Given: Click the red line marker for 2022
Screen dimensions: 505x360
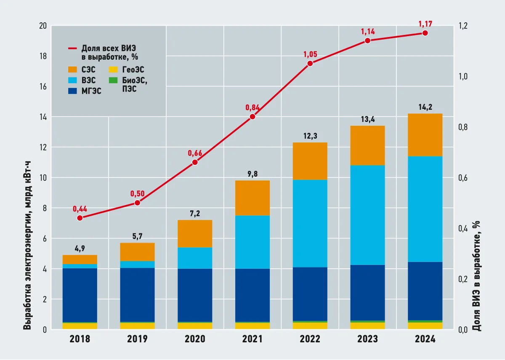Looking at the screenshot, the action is pos(310,64).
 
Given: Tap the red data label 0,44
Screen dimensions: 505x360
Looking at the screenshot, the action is pos(80,209).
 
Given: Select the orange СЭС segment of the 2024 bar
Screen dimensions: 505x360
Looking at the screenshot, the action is pos(425,135).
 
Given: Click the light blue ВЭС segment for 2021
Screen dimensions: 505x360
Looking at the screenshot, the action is pos(252,242).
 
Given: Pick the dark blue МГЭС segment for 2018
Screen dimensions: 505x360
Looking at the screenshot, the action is pos(80,295).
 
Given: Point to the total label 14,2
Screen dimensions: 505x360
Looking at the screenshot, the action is pos(425,107).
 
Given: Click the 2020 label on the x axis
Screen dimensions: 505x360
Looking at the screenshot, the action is pos(195,339).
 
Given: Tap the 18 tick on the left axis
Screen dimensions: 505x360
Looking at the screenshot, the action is pos(43,56).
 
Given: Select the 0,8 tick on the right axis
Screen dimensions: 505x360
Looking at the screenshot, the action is pos(463,127).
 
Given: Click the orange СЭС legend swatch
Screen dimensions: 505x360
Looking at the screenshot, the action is pos(72,69).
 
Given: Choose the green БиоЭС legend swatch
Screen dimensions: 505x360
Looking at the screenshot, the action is pos(113,80).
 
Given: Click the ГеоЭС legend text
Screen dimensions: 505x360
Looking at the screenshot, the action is pos(133,70).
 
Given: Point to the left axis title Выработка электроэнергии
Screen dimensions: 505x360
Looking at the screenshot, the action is pos(27,245).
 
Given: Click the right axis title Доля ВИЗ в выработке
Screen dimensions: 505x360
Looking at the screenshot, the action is pos(476,276).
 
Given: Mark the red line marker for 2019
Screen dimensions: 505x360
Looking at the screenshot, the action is pos(137,203).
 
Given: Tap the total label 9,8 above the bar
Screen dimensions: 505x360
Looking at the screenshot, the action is pos(252,174).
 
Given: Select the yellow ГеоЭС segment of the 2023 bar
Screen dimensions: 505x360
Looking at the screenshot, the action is pos(367,326).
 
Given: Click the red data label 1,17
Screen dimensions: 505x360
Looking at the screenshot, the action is pos(425,24).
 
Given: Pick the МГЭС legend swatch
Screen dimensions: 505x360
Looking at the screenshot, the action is pos(72,91).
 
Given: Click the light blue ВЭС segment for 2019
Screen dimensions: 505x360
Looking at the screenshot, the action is pos(137,265).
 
